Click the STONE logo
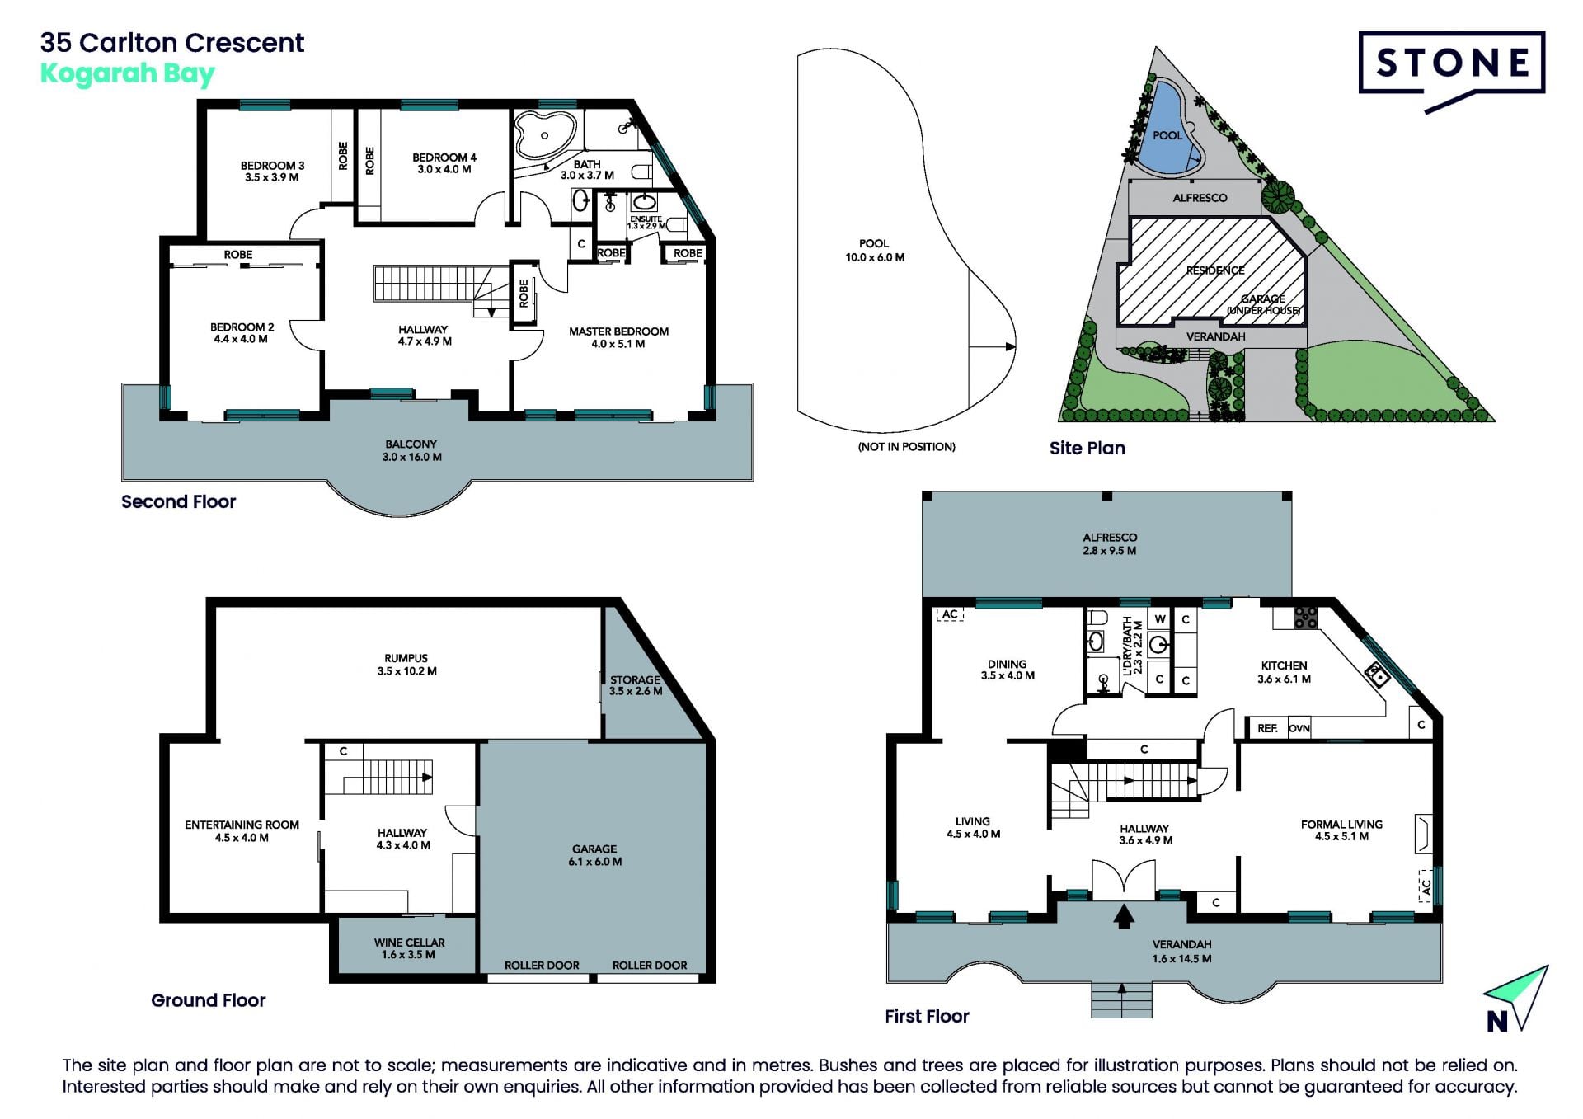click(x=1451, y=70)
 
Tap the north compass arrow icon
click(x=1517, y=999)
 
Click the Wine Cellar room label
click(x=409, y=948)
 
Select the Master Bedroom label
click(x=618, y=337)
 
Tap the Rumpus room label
click(x=406, y=665)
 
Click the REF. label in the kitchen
click(x=1267, y=728)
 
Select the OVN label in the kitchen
click(x=1299, y=728)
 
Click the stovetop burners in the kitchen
click(x=1305, y=618)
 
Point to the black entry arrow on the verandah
click(x=1124, y=917)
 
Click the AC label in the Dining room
click(x=950, y=614)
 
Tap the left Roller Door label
click(x=542, y=965)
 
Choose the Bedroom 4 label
click(x=444, y=163)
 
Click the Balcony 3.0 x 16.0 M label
click(x=411, y=450)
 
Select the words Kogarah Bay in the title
click(x=128, y=74)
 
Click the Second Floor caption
click(x=178, y=501)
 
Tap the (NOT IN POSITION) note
click(x=906, y=447)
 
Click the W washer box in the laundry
click(x=1160, y=618)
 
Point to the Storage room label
click(x=635, y=685)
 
